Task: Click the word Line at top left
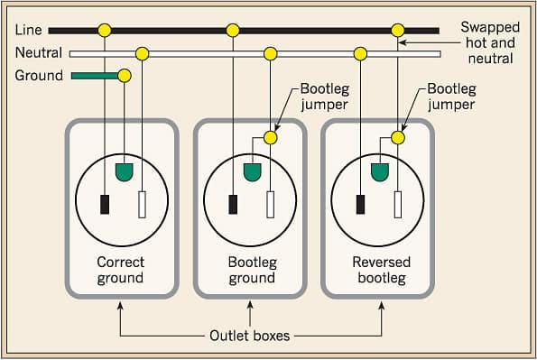pyautogui.click(x=28, y=30)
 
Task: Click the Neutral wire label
pyautogui.click(x=38, y=52)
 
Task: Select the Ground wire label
pyautogui.click(x=38, y=76)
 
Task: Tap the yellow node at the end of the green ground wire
pyautogui.click(x=125, y=76)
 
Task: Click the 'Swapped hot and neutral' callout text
pyautogui.click(x=489, y=43)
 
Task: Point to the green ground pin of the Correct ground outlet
pyautogui.click(x=124, y=169)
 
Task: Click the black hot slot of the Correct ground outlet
pyautogui.click(x=106, y=204)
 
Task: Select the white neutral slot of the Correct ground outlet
pyautogui.click(x=142, y=205)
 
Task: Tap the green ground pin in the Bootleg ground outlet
pyautogui.click(x=252, y=169)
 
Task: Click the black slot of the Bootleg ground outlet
pyautogui.click(x=234, y=204)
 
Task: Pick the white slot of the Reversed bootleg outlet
pyautogui.click(x=398, y=205)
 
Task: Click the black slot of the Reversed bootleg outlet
pyautogui.click(x=361, y=204)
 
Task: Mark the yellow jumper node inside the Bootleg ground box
pyautogui.click(x=270, y=138)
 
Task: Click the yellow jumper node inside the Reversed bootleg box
pyautogui.click(x=398, y=138)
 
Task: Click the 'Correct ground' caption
pyautogui.click(x=120, y=270)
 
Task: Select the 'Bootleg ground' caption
pyautogui.click(x=250, y=270)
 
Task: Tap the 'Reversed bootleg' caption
pyautogui.click(x=381, y=270)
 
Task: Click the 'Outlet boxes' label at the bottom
pyautogui.click(x=251, y=336)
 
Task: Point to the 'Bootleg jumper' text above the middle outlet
pyautogui.click(x=325, y=97)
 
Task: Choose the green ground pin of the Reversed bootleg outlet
pyautogui.click(x=380, y=169)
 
